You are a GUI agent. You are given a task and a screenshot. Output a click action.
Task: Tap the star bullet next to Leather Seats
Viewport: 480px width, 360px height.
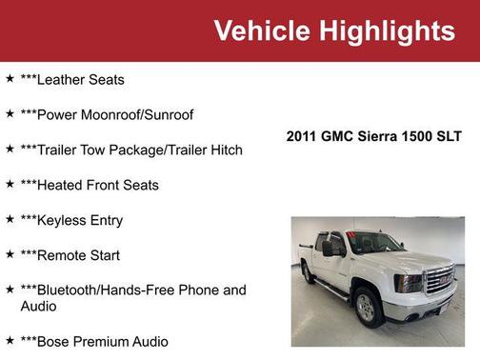pos(10,79)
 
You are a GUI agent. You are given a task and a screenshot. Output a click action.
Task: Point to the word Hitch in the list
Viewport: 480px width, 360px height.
pos(225,150)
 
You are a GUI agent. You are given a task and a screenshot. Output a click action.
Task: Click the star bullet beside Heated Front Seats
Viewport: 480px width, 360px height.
pos(10,184)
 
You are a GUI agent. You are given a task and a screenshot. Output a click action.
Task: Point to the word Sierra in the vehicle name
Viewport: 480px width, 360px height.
pos(374,136)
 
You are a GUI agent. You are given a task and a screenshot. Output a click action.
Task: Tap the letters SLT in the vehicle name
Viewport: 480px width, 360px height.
pos(448,136)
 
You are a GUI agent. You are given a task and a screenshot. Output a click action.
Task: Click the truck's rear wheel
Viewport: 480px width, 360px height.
pos(309,273)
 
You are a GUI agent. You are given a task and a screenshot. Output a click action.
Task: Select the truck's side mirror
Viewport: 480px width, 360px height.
pos(329,249)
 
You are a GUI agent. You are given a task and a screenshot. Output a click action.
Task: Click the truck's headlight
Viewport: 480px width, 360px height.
pos(408,282)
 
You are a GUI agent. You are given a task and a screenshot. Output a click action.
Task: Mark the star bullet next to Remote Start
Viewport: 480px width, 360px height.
pos(10,254)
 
